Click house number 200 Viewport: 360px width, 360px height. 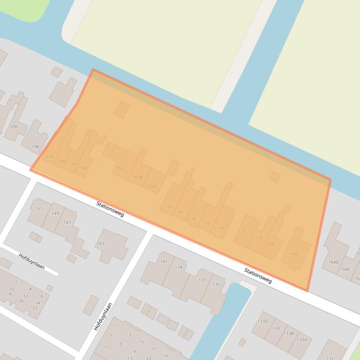click(x=14, y=127)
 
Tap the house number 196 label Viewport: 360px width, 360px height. click(x=36, y=147)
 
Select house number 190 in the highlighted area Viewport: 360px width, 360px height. click(x=50, y=157)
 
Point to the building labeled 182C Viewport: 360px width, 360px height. click(x=120, y=168)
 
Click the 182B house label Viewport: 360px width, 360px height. click(x=137, y=177)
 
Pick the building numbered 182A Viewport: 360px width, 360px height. click(x=151, y=186)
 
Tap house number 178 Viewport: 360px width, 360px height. click(x=192, y=219)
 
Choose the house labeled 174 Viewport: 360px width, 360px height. click(x=220, y=228)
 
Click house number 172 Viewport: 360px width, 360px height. click(x=242, y=230)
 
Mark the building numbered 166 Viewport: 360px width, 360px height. click(x=294, y=254)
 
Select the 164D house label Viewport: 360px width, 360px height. click(x=333, y=262)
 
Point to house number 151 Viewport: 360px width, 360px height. click(x=39, y=209)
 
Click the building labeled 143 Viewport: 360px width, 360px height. click(x=100, y=244)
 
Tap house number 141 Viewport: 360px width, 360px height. click(x=164, y=261)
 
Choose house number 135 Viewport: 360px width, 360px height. click(x=216, y=285)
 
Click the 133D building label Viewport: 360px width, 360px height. click(x=263, y=321)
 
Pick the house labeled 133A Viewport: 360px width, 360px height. click(x=301, y=339)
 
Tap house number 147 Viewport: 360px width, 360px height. click(x=67, y=223)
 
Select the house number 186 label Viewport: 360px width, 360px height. click(x=73, y=164)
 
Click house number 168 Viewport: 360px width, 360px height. click(x=270, y=244)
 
